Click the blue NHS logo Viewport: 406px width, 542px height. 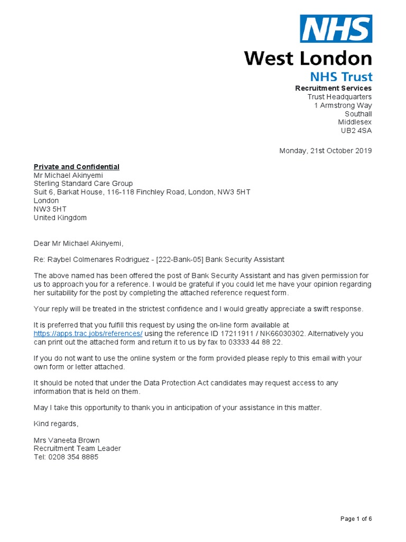(336, 29)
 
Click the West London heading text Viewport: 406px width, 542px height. (308, 58)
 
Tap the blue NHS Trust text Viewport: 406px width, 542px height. (341, 76)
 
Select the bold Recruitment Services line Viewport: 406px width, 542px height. (333, 88)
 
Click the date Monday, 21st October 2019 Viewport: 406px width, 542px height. (325, 151)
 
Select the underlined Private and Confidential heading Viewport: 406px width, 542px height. (77, 167)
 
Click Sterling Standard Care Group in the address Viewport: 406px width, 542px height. (83, 184)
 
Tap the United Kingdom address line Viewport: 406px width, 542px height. (60, 218)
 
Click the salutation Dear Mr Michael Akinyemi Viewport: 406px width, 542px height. (78, 243)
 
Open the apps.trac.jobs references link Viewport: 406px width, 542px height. (88, 333)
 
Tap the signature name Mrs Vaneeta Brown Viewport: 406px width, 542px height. (67, 440)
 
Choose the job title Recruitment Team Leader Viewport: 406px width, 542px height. (77, 448)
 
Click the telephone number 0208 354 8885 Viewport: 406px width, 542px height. (73, 457)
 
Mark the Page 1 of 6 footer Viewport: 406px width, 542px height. (356, 519)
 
